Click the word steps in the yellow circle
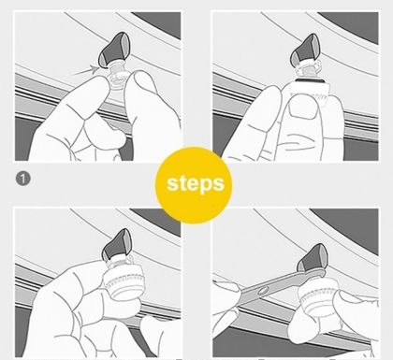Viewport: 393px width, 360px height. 196,183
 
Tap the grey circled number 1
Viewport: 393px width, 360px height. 23,179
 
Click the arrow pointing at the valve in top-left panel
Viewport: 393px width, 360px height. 85,70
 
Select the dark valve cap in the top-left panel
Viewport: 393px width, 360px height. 115,50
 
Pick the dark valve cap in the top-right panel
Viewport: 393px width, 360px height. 305,50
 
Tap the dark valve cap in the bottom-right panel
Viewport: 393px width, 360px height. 313,258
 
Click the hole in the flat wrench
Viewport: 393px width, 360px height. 262,291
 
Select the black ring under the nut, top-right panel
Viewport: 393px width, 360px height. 311,80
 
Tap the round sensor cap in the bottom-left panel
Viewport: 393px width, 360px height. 124,283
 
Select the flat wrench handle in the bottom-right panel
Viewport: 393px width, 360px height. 274,286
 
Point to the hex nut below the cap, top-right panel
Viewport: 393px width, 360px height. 309,70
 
